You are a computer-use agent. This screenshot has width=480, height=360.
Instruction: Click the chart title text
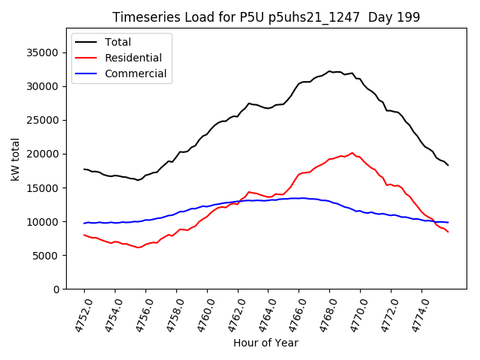pyautogui.click(x=266, y=17)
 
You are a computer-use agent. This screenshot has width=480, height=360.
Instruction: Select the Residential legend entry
pyautogui.click(x=133, y=58)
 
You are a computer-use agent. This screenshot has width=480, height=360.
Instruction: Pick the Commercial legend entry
pyautogui.click(x=136, y=73)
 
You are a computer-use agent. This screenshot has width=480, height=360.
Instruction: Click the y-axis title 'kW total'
pyautogui.click(x=16, y=159)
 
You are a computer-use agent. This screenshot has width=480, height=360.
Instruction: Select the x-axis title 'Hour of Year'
pyautogui.click(x=265, y=343)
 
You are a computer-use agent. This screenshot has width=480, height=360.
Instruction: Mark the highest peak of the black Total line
pyautogui.click(x=329, y=71)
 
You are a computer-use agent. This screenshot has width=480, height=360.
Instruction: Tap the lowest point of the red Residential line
pyautogui.click(x=138, y=247)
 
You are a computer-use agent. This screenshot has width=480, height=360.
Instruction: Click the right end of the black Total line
pyautogui.click(x=448, y=165)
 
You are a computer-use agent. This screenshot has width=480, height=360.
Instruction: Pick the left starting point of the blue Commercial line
pyautogui.click(x=84, y=223)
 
